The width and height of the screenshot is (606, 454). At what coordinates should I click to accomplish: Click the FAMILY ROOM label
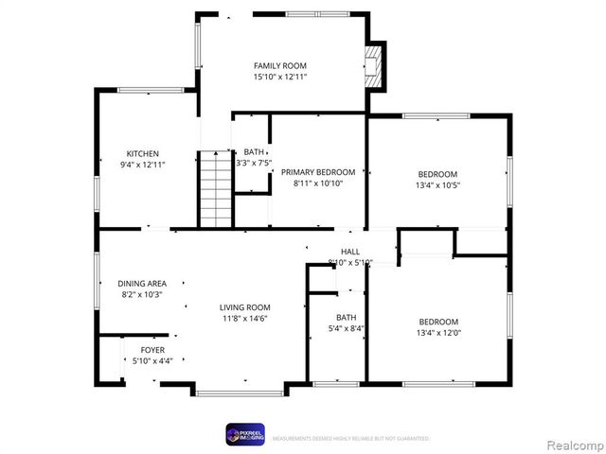279,64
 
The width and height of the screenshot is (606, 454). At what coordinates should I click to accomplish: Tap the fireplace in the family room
376,66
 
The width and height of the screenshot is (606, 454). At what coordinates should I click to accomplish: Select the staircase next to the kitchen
215,188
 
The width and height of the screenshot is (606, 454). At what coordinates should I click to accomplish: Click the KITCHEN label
143,154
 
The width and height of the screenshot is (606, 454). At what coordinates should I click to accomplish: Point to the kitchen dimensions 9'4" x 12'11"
143,166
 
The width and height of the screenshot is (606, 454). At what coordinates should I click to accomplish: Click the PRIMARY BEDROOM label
318,172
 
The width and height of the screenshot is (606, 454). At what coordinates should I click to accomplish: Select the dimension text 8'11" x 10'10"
318,183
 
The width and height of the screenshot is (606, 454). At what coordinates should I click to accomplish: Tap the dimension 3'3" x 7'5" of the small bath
254,163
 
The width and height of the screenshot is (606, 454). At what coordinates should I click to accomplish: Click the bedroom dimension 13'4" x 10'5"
437,185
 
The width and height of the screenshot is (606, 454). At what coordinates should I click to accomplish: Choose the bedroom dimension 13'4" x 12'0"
437,333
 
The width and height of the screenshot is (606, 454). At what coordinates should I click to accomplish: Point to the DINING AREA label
142,284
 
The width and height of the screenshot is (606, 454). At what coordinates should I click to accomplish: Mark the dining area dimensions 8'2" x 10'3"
142,295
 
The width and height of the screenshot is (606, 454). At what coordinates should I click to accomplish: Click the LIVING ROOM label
245,307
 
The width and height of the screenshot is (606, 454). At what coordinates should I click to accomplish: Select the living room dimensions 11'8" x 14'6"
245,319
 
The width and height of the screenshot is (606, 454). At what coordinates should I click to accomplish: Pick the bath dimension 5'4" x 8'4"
346,329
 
